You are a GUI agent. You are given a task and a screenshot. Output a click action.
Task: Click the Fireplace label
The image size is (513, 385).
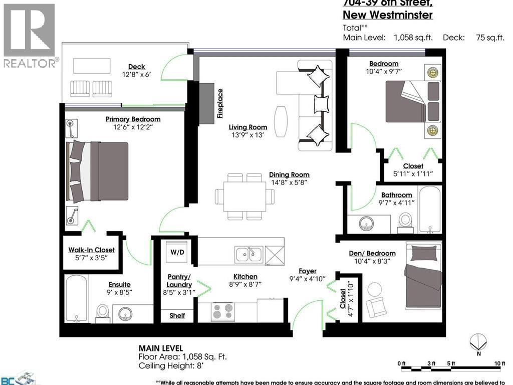(x=219, y=104)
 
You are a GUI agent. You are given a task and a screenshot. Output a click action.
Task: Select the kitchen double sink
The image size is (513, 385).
(x=249, y=254)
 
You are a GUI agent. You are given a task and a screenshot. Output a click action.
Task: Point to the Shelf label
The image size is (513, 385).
(x=177, y=315)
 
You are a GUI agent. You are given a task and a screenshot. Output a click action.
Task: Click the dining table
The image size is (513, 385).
(x=244, y=197)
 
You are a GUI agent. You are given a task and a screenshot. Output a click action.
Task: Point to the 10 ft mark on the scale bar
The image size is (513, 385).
(x=499, y=363)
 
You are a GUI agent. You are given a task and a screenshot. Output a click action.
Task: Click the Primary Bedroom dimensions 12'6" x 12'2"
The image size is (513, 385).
(x=133, y=127)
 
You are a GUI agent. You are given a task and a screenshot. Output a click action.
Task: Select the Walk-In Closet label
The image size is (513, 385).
(x=91, y=250)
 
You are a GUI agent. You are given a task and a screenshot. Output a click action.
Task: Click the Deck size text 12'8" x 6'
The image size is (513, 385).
(x=136, y=75)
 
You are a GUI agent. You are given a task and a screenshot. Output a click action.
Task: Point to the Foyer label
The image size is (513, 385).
(x=308, y=271)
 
